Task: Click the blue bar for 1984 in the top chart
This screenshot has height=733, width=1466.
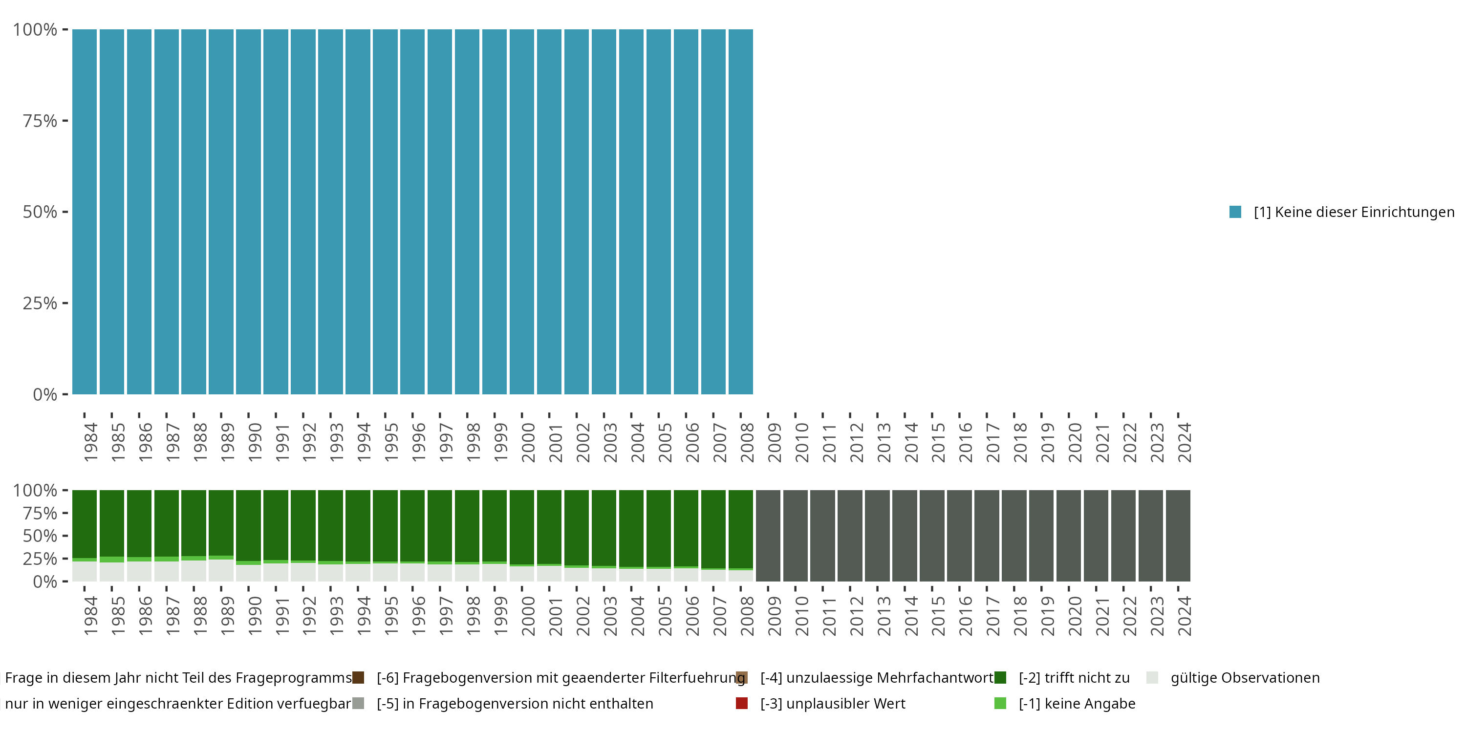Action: pos(84,212)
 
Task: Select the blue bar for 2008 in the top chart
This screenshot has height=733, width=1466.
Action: pos(740,212)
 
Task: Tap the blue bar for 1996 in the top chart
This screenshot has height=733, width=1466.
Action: pos(412,212)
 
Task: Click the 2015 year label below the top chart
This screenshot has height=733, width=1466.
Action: pos(937,442)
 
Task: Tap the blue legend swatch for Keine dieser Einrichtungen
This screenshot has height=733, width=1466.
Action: pos(1235,212)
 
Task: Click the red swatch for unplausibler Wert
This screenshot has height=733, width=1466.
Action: pos(741,703)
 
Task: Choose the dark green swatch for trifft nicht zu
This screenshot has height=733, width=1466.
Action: pos(1000,678)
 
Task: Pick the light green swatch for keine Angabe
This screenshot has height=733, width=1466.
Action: pos(1000,703)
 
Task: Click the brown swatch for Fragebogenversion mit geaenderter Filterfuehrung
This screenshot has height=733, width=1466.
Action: pos(358,678)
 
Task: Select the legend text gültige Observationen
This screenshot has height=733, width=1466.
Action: pos(1245,678)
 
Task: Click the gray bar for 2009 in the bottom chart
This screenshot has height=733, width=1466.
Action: pos(768,536)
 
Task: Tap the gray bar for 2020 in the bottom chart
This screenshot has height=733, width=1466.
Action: pos(1069,536)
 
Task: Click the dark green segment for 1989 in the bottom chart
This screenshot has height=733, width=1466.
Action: pos(221,522)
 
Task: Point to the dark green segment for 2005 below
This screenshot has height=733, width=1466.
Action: pos(658,528)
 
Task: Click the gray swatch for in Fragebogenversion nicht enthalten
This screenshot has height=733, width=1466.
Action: pos(358,703)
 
